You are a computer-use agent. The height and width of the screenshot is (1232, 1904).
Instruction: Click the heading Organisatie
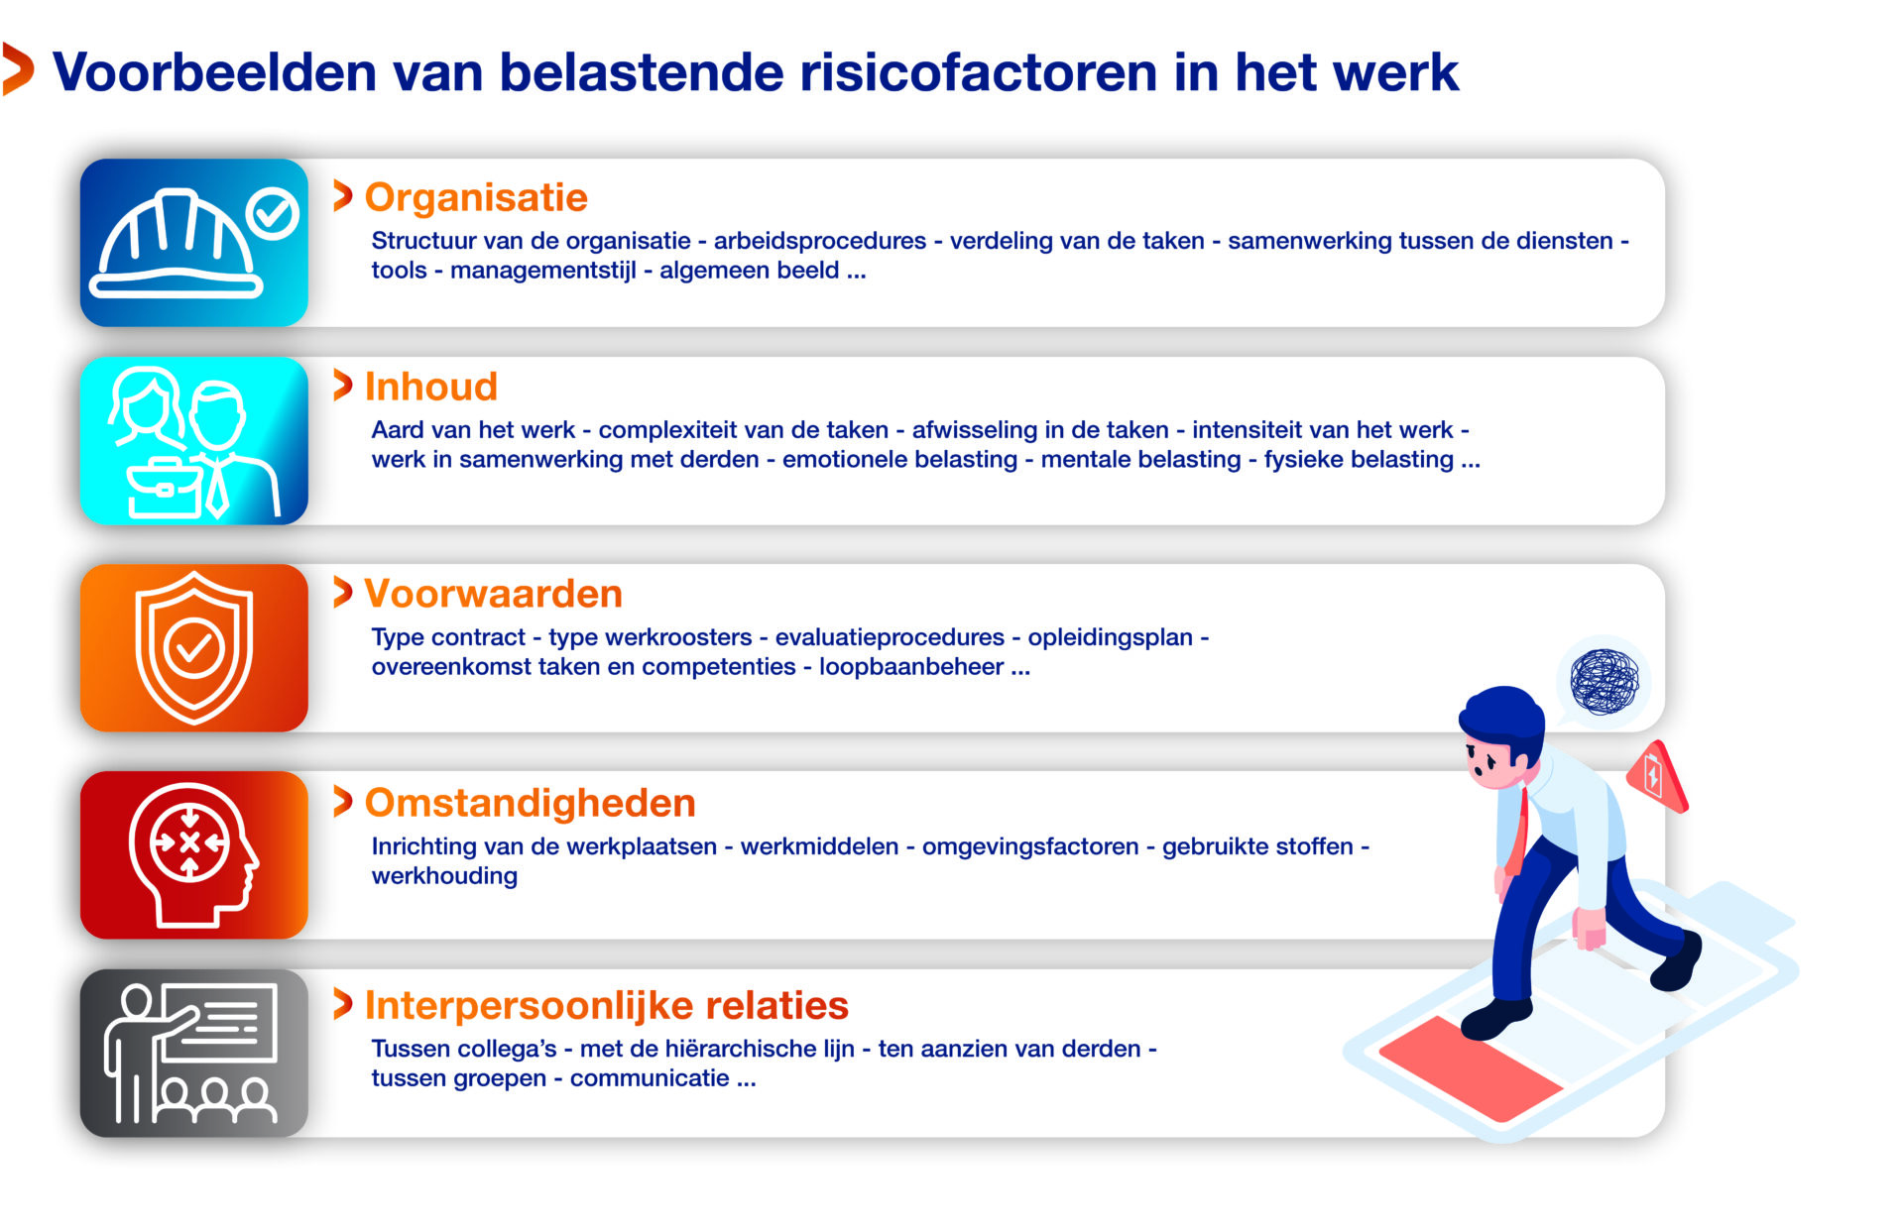pyautogui.click(x=476, y=198)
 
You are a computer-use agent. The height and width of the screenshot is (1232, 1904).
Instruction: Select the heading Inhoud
pyautogui.click(x=431, y=387)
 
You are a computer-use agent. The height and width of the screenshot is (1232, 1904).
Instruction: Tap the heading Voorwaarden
pyautogui.click(x=493, y=594)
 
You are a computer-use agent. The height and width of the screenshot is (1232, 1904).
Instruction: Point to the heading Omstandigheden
pyautogui.click(x=530, y=803)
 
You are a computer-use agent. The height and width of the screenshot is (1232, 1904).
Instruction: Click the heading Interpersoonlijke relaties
pyautogui.click(x=606, y=1005)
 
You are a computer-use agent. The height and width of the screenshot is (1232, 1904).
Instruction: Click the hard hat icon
pyautogui.click(x=177, y=244)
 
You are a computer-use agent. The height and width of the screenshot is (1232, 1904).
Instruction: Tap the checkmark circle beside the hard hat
pyautogui.click(x=273, y=213)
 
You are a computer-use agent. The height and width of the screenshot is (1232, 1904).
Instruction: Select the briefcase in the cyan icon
pyautogui.click(x=166, y=488)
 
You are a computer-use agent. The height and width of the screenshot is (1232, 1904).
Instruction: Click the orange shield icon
pyautogui.click(x=194, y=647)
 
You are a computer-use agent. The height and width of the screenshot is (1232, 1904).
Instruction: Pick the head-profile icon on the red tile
pyautogui.click(x=193, y=854)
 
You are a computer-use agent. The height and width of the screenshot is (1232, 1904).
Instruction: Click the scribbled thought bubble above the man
pyautogui.click(x=1604, y=681)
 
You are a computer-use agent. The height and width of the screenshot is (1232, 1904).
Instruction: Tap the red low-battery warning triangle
pyautogui.click(x=1657, y=776)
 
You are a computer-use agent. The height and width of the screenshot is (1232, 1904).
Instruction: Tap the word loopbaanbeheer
pyautogui.click(x=911, y=667)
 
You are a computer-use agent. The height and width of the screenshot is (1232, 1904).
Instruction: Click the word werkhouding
pyautogui.click(x=444, y=876)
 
